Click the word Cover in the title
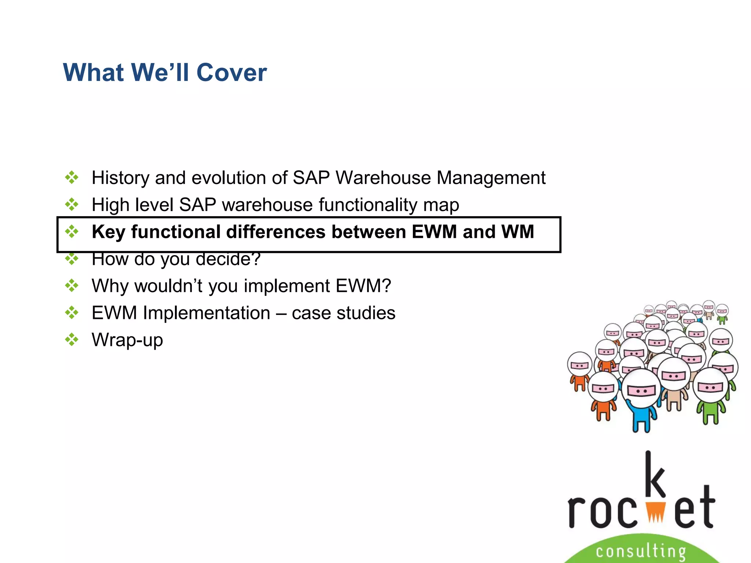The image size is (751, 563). coord(231,73)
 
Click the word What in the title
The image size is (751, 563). coord(93,73)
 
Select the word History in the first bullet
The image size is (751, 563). coord(120,178)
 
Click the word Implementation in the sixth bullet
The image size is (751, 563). coord(206,313)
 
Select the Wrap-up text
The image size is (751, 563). coord(127,340)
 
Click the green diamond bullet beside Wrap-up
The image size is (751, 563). coord(72,339)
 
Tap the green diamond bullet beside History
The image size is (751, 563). coord(72,177)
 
